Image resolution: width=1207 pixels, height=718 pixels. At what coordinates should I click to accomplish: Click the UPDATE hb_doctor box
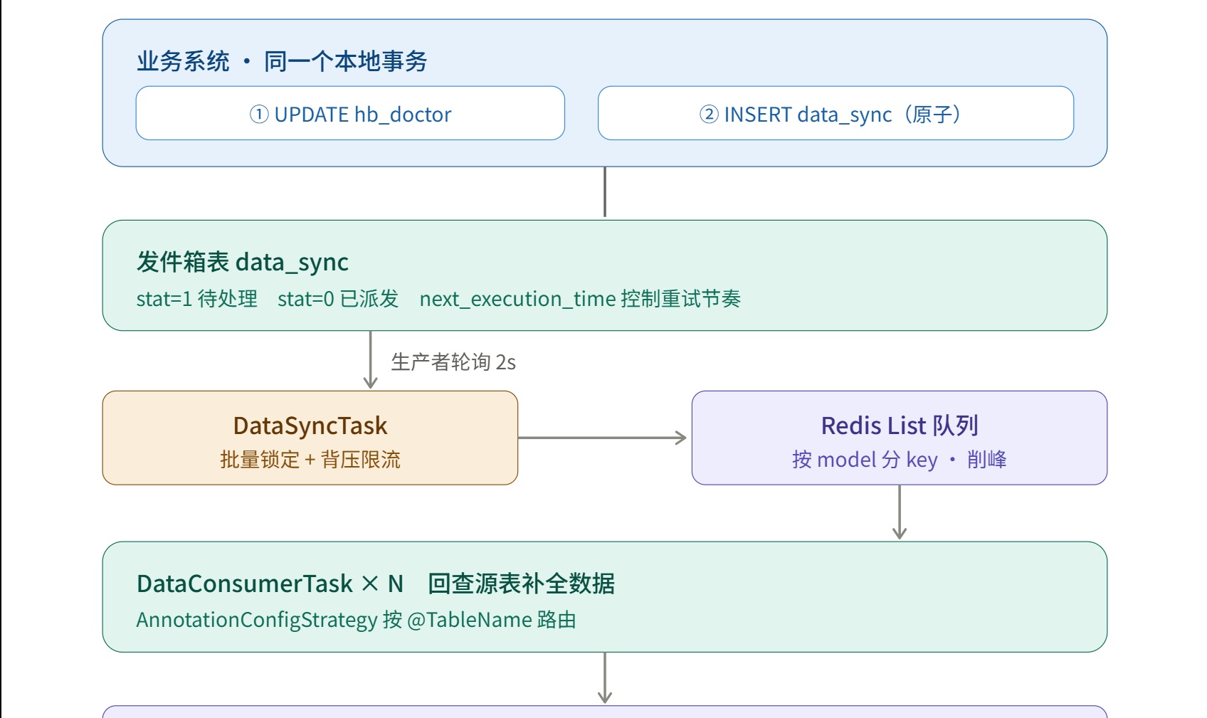pos(350,113)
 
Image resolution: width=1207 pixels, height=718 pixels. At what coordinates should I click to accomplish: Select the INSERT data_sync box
pos(836,113)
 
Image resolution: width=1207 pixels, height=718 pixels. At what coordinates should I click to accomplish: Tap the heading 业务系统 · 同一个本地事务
pos(282,61)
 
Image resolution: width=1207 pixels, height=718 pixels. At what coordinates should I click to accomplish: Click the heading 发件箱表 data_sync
pos(243,263)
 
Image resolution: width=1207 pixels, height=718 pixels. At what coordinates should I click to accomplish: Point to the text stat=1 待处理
pos(196,298)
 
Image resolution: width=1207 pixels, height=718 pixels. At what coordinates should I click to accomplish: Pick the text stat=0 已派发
pos(338,298)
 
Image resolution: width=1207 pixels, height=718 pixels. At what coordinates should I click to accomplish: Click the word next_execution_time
pos(517,299)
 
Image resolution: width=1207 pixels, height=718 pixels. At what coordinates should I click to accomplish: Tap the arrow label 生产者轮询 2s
pos(453,362)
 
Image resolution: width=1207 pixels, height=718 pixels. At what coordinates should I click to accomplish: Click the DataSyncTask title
pos(310,426)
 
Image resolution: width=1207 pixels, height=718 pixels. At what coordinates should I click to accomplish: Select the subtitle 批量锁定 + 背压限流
pos(310,460)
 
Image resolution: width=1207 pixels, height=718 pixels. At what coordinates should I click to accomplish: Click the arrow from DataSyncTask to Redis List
pos(602,438)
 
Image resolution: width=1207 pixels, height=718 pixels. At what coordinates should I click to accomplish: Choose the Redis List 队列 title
pos(900,426)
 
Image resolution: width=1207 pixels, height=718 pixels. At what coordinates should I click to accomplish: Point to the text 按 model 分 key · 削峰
pos(900,460)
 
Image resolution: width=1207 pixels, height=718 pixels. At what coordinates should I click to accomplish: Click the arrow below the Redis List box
pos(900,512)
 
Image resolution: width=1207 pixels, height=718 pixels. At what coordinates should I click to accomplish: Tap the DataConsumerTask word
pos(245,584)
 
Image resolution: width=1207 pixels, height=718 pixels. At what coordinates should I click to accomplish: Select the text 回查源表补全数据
pos(521,584)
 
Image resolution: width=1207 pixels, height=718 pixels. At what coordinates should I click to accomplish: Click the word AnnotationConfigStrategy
pos(257,620)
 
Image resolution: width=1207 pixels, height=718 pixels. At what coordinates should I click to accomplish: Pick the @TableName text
pos(470,620)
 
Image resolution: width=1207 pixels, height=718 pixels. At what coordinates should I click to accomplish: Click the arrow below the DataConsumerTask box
pos(605,677)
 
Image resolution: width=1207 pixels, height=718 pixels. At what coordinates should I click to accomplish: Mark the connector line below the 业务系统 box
pos(605,191)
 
